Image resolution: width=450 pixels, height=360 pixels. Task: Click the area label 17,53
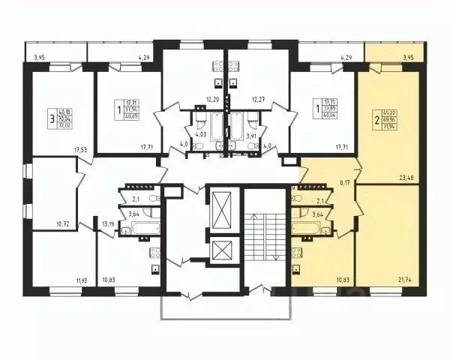pyautogui.click(x=80, y=150)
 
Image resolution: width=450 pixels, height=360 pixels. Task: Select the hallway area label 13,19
pyautogui.click(x=109, y=223)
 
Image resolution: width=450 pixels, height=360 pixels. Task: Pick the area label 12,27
pyautogui.click(x=259, y=100)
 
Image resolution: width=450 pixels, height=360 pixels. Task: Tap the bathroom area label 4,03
pyautogui.click(x=200, y=136)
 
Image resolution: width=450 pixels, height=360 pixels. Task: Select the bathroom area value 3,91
pyautogui.click(x=253, y=136)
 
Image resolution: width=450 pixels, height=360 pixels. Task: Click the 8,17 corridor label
pyautogui.click(x=345, y=181)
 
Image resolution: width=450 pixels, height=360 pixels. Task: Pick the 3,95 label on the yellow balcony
pyautogui.click(x=408, y=57)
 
